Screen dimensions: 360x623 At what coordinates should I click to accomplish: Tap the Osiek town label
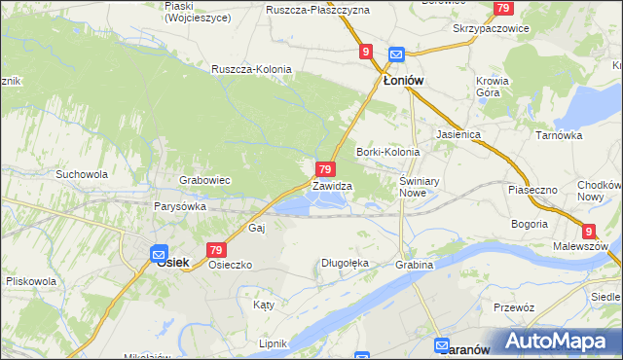click(172, 262)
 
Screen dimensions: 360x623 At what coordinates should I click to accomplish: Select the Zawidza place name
click(332, 185)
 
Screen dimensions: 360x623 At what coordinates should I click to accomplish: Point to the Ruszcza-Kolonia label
click(251, 69)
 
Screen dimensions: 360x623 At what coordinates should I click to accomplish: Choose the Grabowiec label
click(204, 180)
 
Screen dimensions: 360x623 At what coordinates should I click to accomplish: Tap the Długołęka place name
click(346, 263)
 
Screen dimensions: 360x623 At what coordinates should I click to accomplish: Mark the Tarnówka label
click(559, 135)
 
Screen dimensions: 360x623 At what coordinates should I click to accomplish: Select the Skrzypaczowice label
click(491, 28)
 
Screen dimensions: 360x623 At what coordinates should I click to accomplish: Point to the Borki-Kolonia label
click(387, 152)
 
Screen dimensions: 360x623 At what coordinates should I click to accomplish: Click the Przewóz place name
click(514, 306)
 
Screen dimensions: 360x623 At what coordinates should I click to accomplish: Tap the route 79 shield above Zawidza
click(327, 169)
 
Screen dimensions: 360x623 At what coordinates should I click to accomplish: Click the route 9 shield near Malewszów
click(588, 231)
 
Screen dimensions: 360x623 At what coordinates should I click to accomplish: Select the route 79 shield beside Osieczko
click(216, 250)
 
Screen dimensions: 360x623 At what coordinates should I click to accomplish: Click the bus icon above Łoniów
click(396, 54)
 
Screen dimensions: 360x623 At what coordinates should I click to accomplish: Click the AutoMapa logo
click(560, 341)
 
